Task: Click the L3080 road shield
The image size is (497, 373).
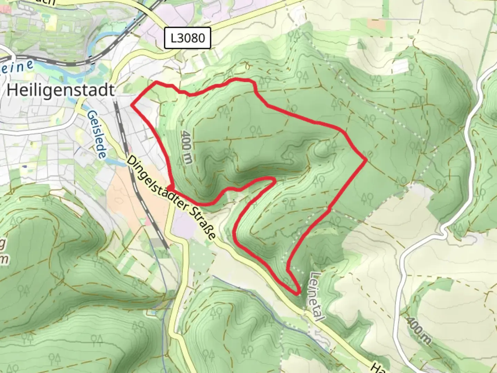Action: (x=187, y=38)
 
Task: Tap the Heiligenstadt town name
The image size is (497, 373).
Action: (x=60, y=90)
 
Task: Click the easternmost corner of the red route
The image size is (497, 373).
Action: (x=366, y=160)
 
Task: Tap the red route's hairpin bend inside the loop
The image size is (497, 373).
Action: (x=273, y=179)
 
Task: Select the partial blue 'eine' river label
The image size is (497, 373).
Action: (x=17, y=66)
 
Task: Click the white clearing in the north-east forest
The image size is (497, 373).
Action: (x=402, y=66)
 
